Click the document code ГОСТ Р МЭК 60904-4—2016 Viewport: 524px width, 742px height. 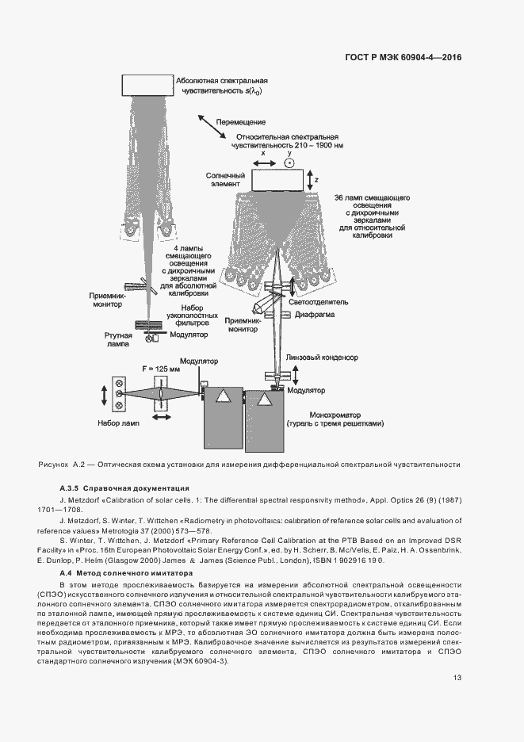pos(404,58)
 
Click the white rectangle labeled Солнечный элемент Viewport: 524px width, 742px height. pos(277,180)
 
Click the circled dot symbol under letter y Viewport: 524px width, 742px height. pos(289,163)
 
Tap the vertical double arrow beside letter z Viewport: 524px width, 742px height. pos(308,180)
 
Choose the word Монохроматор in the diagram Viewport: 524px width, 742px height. pos(326,414)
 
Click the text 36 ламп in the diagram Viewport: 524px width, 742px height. pos(349,196)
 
